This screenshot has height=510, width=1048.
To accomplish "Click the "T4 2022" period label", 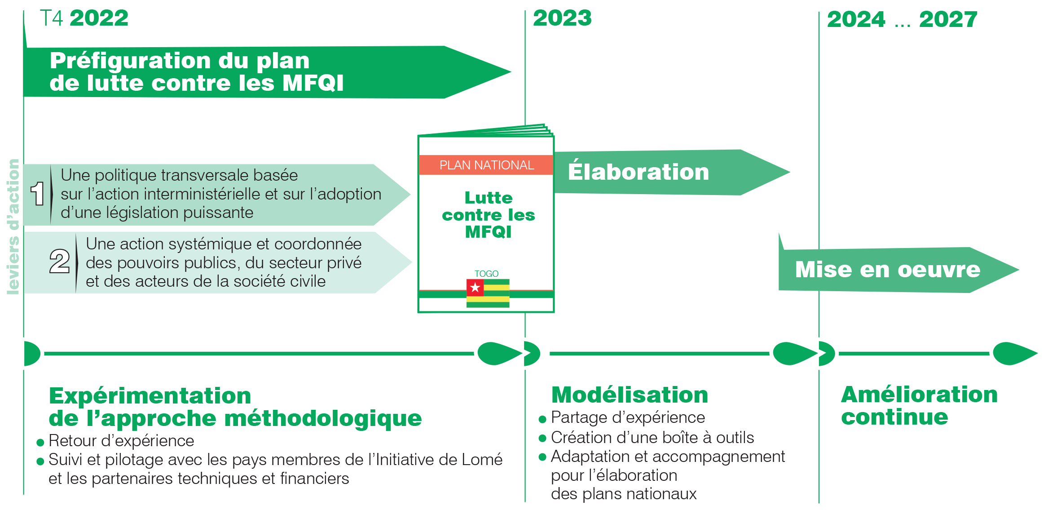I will coord(84,19).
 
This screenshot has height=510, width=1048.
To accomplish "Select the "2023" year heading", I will coord(562,19).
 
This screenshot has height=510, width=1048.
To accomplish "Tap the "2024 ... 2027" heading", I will coord(902,20).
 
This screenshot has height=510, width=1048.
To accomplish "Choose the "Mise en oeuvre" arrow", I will coord(887,270).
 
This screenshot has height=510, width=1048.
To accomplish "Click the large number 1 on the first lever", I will coord(38,194).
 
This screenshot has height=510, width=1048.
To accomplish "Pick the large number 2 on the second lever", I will coord(59,262).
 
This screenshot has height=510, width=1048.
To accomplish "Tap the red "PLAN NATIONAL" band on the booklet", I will coord(486,165).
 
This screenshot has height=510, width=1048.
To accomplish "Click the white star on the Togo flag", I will coord(475,287).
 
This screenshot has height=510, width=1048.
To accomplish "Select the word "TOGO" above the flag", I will coord(486,274).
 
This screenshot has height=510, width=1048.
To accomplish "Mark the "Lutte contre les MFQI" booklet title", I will coord(488,215).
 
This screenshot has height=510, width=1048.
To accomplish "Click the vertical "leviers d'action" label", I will coord(13,227).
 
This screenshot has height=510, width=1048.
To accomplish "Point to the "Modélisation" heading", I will coord(630,395).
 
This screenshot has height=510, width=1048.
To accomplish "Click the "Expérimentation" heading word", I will coord(150,396).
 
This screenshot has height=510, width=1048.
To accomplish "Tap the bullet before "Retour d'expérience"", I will coord(40,443).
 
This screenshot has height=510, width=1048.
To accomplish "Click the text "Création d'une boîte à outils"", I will coord(652,437).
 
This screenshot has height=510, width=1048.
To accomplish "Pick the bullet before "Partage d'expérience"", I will coord(542,419).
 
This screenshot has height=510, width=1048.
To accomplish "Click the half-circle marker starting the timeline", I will coord(32,354).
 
